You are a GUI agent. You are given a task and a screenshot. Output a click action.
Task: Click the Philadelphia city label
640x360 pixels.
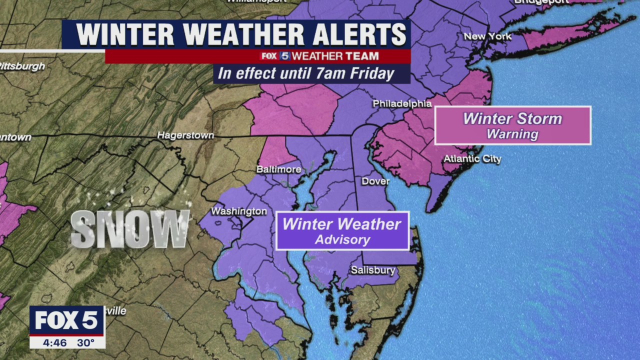pos(402,104)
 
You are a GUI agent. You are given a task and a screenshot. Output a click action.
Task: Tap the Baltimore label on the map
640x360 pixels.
pos(278,169)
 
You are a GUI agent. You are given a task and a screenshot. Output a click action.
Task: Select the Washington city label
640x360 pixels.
pos(238,211)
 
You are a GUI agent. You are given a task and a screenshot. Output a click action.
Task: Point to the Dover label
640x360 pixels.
pos(375,181)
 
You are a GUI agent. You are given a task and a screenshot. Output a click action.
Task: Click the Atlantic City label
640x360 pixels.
pos(472,159)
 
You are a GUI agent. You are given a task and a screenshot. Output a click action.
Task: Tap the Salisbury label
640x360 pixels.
pos(372,270)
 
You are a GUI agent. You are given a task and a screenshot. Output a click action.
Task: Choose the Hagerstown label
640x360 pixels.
pos(185,135)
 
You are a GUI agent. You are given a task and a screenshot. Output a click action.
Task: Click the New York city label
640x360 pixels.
pos(487,36)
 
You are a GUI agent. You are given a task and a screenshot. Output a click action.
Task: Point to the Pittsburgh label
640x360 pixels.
pos(22,66)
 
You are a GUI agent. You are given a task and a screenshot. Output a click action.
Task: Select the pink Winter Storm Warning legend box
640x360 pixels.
pos(512,125)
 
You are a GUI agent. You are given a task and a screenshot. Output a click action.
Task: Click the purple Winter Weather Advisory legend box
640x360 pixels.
pos(342,231)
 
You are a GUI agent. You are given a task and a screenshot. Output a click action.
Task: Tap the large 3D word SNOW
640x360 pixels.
pos(130,229)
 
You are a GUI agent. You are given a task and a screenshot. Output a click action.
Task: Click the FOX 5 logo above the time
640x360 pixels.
pos(66,320)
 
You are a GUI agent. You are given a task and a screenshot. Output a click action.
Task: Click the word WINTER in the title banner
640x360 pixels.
pos(125,35)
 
